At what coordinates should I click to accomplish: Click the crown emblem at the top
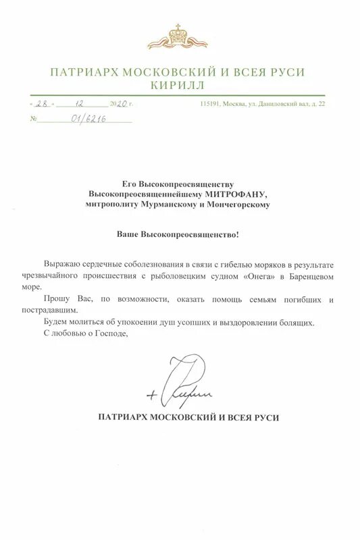(179, 34)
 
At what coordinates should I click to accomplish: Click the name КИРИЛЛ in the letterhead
(179, 87)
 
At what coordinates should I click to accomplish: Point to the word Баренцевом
(306, 277)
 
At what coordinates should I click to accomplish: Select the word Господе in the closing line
(112, 333)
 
